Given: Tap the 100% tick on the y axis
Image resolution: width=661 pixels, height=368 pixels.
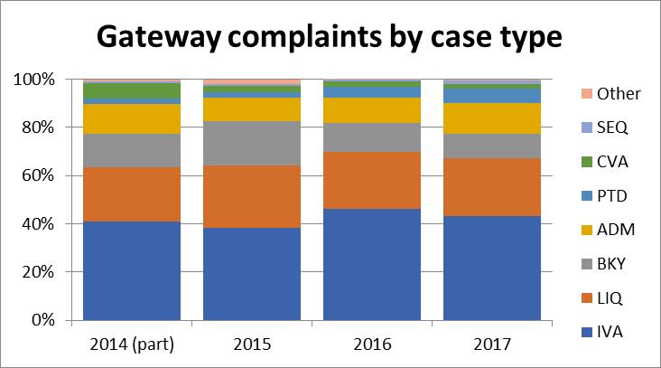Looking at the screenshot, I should (36, 80).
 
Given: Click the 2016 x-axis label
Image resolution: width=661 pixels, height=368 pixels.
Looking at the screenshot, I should (372, 344).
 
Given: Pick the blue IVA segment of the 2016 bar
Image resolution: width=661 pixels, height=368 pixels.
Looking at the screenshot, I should (372, 264).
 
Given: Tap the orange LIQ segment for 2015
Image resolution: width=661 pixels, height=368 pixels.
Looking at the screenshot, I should (252, 196).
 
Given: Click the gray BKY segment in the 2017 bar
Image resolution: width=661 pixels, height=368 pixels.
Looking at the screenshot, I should (491, 146).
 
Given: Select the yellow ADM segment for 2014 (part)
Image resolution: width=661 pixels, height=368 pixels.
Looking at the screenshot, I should (132, 118).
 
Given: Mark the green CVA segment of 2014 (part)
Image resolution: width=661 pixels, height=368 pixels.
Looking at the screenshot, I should (132, 90).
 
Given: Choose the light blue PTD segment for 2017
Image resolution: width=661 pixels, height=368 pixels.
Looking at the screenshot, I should (491, 96).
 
